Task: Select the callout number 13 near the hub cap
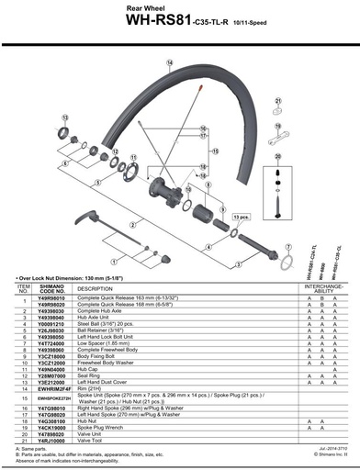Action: coord(66,119)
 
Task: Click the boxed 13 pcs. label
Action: coord(241,217)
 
